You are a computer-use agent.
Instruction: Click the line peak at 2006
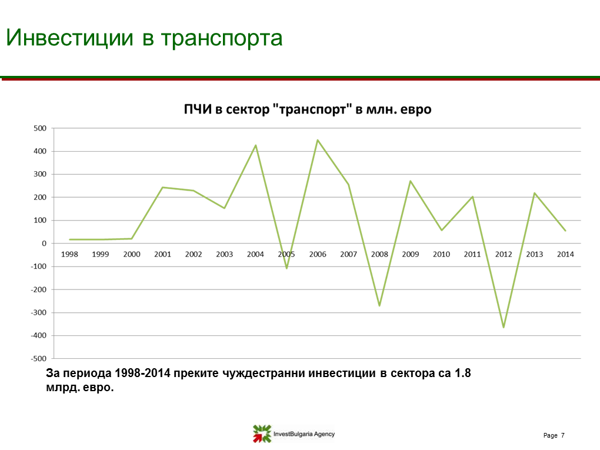pyautogui.click(x=318, y=140)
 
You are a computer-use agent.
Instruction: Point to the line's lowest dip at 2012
pyautogui.click(x=504, y=327)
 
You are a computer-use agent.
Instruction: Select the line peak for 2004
pyautogui.click(x=256, y=145)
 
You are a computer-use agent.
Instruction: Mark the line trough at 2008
pyautogui.click(x=379, y=305)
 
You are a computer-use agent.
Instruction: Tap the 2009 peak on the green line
pyautogui.click(x=411, y=181)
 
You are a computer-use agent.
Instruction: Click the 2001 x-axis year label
pyautogui.click(x=162, y=254)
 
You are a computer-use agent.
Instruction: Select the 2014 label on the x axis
pyautogui.click(x=565, y=254)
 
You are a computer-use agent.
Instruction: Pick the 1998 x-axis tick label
pyautogui.click(x=69, y=254)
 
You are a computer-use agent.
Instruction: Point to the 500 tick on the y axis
pyautogui.click(x=40, y=128)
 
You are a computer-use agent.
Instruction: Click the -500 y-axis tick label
pyautogui.click(x=39, y=359)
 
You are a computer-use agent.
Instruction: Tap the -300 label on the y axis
pyautogui.click(x=39, y=312)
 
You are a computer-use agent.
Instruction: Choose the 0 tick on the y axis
pyautogui.click(x=44, y=244)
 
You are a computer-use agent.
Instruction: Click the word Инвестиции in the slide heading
pyautogui.click(x=69, y=38)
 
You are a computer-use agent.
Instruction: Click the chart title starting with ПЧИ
pyautogui.click(x=308, y=109)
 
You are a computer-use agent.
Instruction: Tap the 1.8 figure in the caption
pyautogui.click(x=462, y=373)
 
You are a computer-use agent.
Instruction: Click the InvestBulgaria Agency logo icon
pyautogui.click(x=262, y=434)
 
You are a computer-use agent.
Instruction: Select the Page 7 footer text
pyautogui.click(x=554, y=435)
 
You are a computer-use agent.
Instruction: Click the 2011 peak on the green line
pyautogui.click(x=472, y=196)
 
